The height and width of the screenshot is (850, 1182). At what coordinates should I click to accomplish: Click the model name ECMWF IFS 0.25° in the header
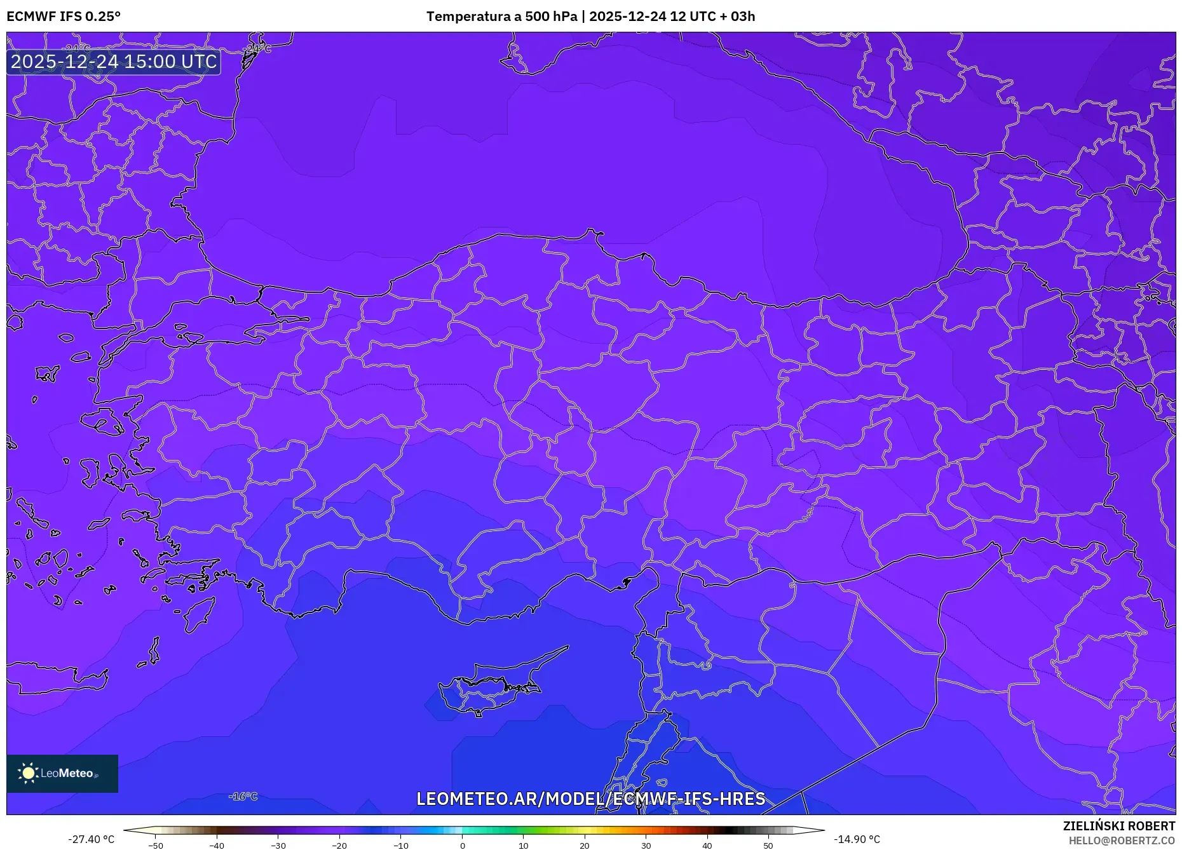point(64,17)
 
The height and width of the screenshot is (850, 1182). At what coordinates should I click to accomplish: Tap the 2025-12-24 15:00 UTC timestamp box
point(114,62)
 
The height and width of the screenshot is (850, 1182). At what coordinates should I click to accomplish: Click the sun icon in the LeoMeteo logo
point(28,773)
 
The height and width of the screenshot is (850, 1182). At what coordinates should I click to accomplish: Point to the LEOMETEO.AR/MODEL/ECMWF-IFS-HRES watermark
point(590,799)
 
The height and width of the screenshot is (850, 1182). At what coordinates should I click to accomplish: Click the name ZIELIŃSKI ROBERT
point(1118,826)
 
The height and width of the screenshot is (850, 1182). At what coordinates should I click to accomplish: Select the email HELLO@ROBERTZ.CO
point(1122,840)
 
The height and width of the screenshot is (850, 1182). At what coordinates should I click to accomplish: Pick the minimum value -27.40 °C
point(92,839)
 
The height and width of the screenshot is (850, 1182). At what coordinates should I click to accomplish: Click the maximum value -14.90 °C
point(857,839)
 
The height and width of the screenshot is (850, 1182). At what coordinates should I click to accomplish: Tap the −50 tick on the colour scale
point(156,846)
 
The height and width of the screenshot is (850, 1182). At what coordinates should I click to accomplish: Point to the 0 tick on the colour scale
point(463,846)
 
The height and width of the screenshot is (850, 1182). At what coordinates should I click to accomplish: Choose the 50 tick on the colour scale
point(768,846)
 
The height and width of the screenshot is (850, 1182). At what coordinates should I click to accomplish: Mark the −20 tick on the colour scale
point(339,846)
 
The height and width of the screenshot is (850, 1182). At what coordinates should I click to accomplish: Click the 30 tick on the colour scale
point(646,846)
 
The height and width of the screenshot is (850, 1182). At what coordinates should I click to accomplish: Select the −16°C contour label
point(243,797)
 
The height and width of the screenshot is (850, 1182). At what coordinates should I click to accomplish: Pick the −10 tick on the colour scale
point(401,846)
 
